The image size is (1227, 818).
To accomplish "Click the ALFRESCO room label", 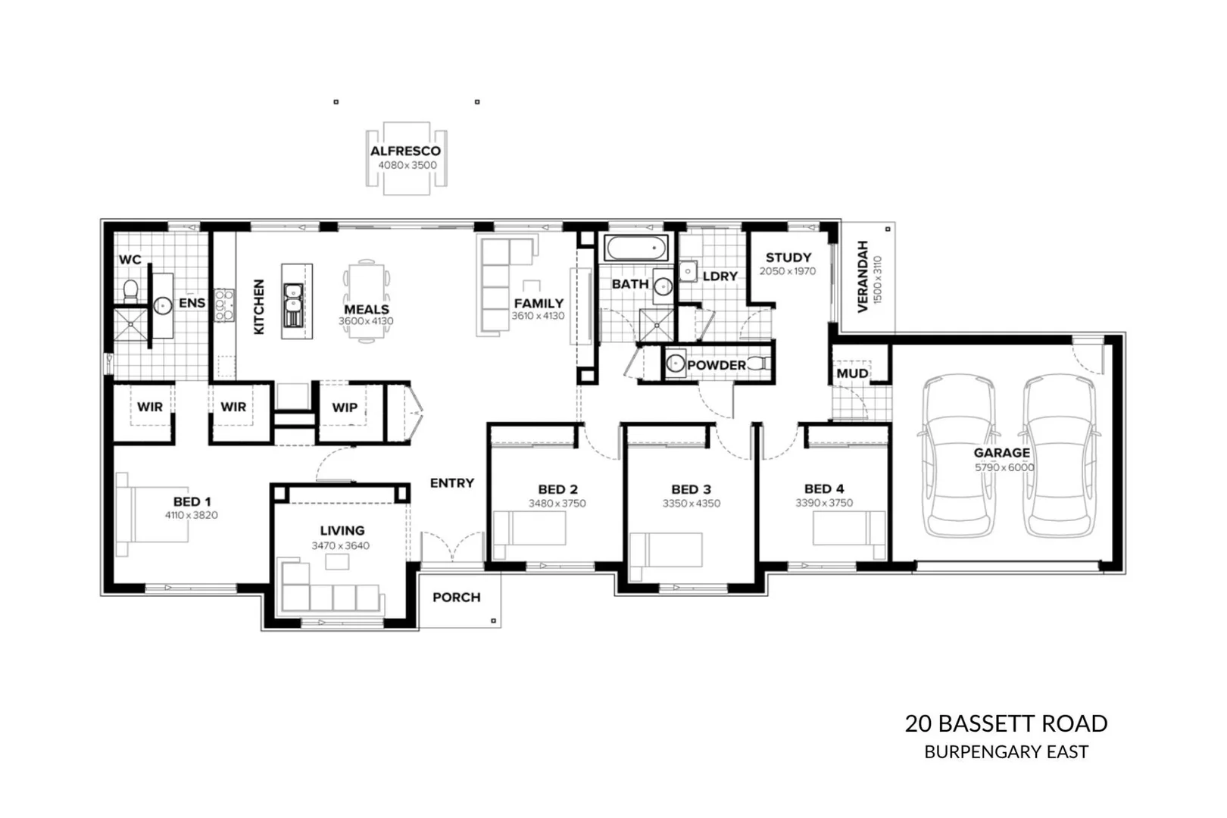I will click(405, 151).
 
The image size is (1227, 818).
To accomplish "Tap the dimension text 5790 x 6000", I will click(1004, 467).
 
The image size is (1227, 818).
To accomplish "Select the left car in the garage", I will click(957, 454).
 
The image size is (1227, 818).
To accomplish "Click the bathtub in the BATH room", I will click(636, 248).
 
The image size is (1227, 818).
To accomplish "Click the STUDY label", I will click(788, 258).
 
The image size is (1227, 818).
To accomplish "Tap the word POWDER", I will click(716, 365).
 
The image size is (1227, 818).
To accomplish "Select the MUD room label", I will click(852, 373).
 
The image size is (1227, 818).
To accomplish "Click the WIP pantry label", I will click(345, 407).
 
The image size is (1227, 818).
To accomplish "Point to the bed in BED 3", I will click(667, 549).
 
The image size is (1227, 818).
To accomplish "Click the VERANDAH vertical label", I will click(863, 276).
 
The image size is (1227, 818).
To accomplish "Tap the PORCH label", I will click(456, 598).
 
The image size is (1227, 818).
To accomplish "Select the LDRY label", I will click(720, 276).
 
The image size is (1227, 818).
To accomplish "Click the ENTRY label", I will click(451, 483).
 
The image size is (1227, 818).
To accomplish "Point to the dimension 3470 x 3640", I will click(341, 545).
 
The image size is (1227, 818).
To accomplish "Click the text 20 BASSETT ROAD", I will click(1006, 723).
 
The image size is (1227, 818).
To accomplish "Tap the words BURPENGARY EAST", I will click(1006, 752).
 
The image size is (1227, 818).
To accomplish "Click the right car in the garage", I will click(1059, 454).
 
